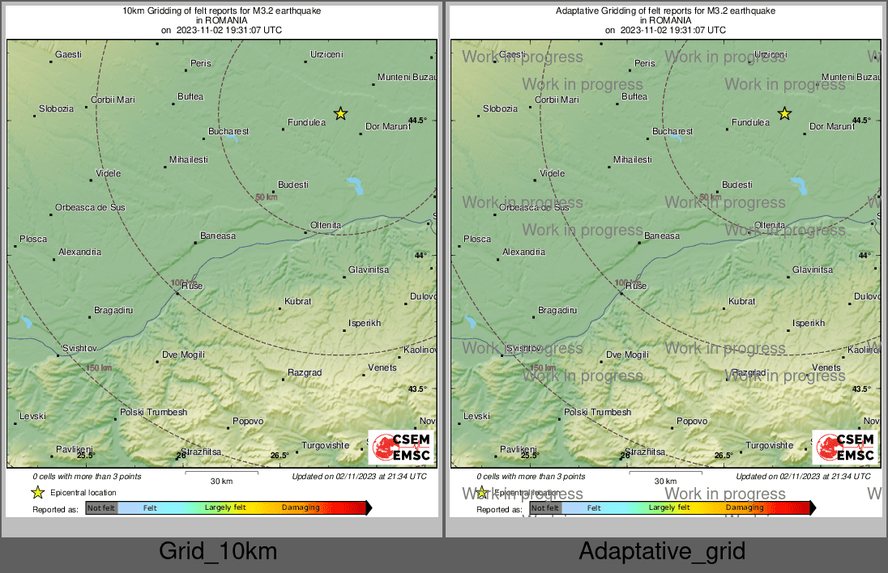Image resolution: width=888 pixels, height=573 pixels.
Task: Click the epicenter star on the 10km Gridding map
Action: pos(341,113)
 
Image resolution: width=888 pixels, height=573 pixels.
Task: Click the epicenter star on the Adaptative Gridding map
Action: pos(784,113)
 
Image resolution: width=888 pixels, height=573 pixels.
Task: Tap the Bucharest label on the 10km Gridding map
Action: pos(228,131)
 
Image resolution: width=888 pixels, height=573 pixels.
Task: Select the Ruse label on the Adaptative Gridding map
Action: pos(637,286)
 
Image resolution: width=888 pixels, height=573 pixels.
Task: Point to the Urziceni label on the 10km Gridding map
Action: pos(327,55)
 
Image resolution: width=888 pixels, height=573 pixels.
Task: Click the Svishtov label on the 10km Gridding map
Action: pos(80,348)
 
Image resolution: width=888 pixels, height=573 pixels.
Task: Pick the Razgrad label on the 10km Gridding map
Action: pos(305,372)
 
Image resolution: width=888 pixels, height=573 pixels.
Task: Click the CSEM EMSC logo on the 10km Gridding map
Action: pos(401,447)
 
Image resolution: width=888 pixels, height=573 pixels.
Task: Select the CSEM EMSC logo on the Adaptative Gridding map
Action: pos(845,447)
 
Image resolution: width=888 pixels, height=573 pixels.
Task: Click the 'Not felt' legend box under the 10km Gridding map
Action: pos(101,508)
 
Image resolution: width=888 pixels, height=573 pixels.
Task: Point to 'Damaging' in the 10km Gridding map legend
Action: pos(301,508)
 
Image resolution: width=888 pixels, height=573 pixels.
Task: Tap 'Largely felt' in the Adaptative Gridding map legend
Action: pos(669,508)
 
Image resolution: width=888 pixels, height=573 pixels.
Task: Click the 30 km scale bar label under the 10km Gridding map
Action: pos(221,482)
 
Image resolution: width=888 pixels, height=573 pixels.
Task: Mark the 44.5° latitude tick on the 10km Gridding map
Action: pos(416,121)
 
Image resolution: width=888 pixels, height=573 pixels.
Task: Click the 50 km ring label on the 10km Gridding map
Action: pos(267,197)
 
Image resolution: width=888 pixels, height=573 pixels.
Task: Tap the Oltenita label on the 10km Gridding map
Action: pos(326,225)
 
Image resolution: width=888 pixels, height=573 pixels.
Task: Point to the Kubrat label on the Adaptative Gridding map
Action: pos(741,301)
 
